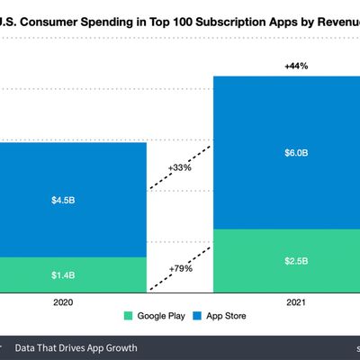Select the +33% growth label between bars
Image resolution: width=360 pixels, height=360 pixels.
180,166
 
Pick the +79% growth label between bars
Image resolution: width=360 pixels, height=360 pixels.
180,268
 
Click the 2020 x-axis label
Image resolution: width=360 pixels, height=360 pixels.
64,302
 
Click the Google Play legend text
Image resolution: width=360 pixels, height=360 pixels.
159,316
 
